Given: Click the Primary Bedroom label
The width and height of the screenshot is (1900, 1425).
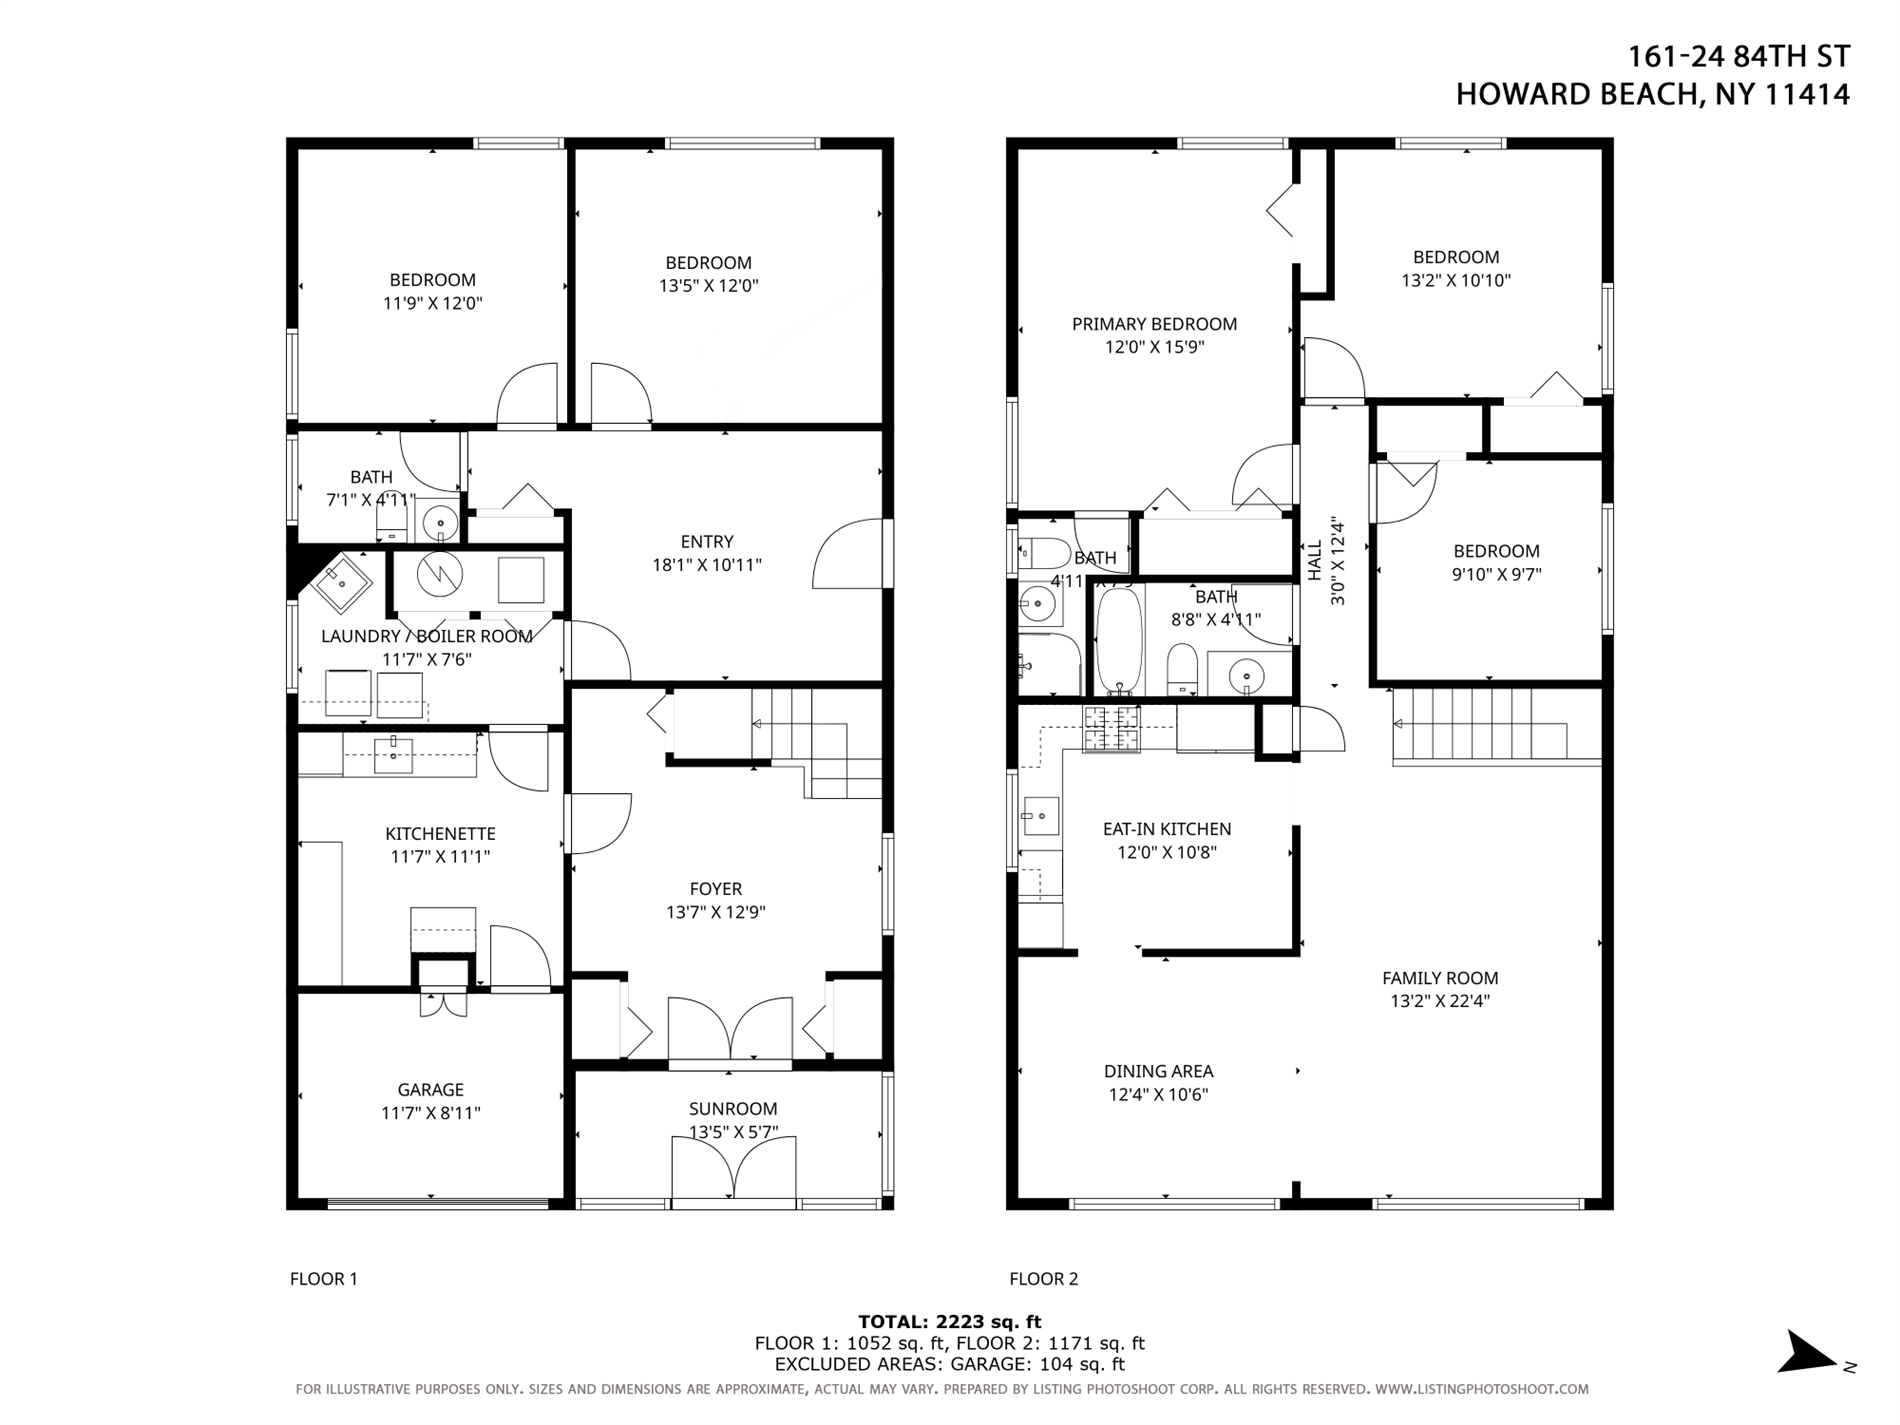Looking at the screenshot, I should (1154, 324).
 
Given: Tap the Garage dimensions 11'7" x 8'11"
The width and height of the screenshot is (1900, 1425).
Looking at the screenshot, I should (430, 1113).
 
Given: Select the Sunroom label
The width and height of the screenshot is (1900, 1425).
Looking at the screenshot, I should (732, 1108).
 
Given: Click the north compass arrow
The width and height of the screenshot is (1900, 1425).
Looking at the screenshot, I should (1810, 1353).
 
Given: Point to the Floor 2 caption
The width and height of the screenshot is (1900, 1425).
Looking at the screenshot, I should (1043, 1278).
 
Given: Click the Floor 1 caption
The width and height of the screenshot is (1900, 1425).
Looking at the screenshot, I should (323, 1278).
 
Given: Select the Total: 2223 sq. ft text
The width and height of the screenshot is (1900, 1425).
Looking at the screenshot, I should (949, 1322).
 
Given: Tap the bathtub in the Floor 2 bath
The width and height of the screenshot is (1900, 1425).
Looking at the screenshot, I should (1119, 641).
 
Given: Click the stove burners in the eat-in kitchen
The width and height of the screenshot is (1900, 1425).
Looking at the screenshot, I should (1112, 728).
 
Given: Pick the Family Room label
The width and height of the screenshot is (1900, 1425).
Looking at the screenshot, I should (1440, 978).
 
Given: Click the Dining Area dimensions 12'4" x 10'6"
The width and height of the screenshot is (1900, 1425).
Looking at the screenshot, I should (1158, 1094).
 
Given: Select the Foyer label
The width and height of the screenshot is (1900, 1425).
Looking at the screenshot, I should (715, 888).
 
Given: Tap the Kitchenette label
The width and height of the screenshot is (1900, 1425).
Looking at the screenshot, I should (440, 833).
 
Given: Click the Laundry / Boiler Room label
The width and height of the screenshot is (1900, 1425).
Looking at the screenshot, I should (426, 636).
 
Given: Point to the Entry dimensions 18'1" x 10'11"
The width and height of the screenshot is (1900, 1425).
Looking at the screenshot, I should (706, 565).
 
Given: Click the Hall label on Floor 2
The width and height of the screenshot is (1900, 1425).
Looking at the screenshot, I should (1314, 560).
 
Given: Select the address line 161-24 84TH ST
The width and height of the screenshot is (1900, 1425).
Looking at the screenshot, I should (1738, 57).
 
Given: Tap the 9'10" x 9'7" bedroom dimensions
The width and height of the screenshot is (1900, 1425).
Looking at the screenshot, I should (1496, 574).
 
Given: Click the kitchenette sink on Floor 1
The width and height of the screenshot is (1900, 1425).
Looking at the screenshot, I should (393, 755).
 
